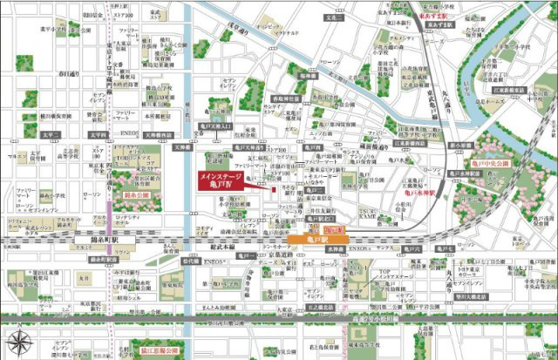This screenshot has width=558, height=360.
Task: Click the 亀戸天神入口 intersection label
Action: pyautogui.click(x=212, y=127)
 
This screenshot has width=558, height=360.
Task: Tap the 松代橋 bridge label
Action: pyautogui.click(x=190, y=260)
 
